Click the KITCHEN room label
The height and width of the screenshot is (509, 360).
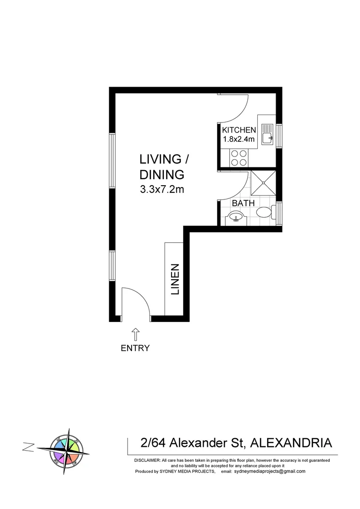tap(239, 130)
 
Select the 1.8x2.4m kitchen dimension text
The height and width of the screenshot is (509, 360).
tap(239, 139)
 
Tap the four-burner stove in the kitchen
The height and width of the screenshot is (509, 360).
tap(238, 157)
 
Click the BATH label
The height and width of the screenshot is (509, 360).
tap(243, 203)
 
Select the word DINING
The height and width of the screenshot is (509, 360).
tap(161, 174)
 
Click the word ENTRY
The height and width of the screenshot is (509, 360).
tap(135, 348)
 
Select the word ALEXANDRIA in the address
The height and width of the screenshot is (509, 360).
tap(290, 443)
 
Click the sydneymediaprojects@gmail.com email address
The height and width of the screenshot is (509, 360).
tap(270, 471)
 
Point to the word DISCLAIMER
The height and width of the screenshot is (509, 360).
tap(147, 460)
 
